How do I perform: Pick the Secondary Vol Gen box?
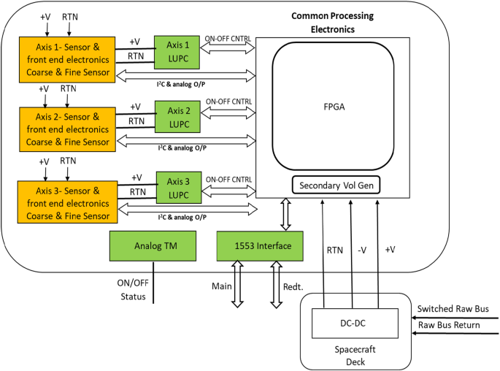coord(338,185)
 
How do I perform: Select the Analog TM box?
coord(153,245)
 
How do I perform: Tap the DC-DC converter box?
coord(355,321)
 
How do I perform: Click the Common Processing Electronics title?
coord(333,23)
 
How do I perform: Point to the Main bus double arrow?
coord(237,286)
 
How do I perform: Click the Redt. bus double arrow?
coord(274,286)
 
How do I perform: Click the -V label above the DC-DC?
coord(362,250)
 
